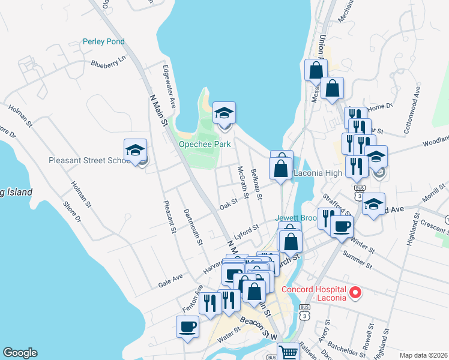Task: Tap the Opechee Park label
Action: click(205, 145)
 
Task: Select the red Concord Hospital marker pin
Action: click(355, 293)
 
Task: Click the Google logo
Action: click(20, 353)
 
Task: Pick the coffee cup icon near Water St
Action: click(187, 327)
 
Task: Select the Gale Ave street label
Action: click(170, 279)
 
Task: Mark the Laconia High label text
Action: click(318, 173)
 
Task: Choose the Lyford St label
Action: click(246, 231)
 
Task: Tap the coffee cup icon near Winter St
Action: click(342, 227)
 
